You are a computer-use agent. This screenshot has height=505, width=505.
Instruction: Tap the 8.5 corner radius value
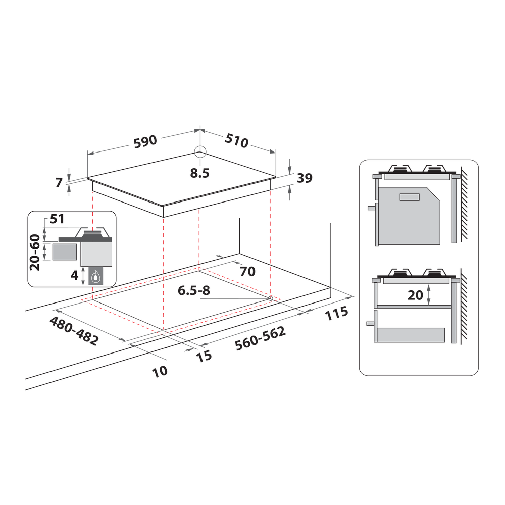click(x=199, y=174)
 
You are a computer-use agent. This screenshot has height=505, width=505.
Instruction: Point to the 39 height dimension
click(x=305, y=178)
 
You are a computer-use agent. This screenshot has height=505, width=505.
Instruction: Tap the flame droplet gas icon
click(x=95, y=276)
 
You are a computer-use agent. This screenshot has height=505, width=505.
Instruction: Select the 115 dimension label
click(x=337, y=313)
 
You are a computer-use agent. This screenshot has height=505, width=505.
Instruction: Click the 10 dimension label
click(x=160, y=371)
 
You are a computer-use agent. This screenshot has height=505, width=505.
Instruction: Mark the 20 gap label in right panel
click(x=415, y=295)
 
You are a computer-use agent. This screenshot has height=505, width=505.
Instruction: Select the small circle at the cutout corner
click(x=271, y=298)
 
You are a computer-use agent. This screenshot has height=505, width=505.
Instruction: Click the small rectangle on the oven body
click(x=410, y=197)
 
